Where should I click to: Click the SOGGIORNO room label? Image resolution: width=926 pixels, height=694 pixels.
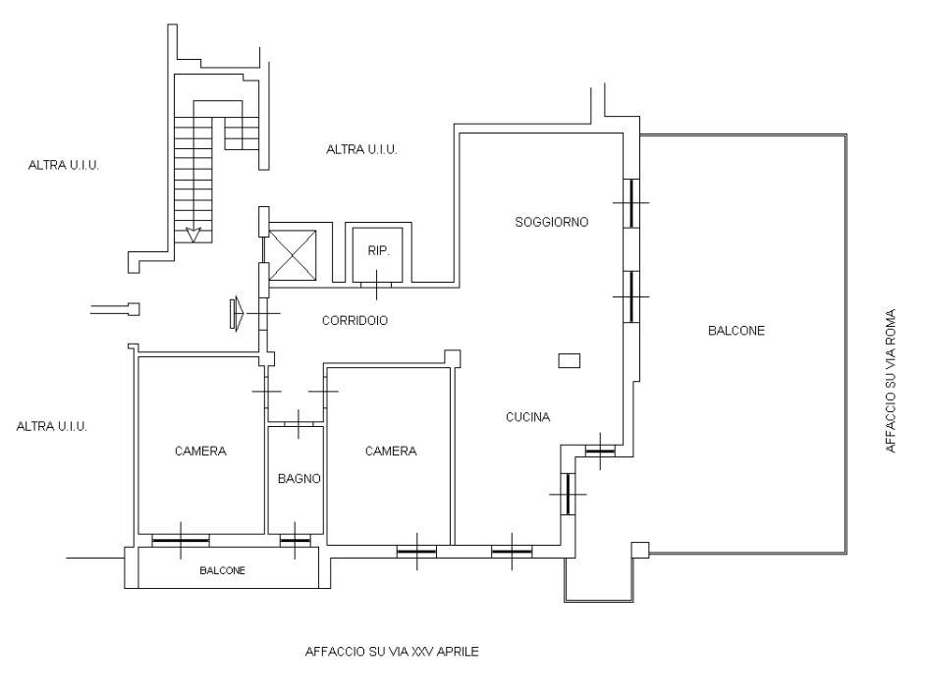552,222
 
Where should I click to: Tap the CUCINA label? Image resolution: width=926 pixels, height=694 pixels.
528,417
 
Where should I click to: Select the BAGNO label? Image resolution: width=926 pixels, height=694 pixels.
299,479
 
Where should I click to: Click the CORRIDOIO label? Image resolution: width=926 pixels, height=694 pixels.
354,320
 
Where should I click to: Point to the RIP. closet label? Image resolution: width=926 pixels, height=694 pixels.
378,251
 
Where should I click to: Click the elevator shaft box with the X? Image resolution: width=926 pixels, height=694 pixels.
293,254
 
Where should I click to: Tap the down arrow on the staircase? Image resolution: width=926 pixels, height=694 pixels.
193,235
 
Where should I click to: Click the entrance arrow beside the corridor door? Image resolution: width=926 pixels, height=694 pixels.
237,313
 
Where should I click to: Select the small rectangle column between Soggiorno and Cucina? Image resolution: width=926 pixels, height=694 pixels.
570,360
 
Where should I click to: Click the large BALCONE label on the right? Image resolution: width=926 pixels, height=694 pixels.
736,331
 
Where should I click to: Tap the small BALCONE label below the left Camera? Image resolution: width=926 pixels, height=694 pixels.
222,570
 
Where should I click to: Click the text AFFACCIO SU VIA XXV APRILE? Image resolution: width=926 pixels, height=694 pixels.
392,652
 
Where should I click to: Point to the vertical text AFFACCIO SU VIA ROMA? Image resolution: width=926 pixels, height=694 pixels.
891,381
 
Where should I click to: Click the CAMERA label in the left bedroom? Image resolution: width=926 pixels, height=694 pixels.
200,451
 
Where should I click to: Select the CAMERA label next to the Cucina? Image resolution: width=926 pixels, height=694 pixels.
391,451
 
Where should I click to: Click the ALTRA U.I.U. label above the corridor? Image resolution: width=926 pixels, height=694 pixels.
361,150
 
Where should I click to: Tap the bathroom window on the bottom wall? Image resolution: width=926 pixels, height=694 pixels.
295,541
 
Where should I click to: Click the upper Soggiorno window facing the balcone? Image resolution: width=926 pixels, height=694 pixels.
631,203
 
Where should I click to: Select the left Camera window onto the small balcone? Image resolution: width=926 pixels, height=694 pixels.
181,541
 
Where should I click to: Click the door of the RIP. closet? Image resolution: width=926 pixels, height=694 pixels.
376,285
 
